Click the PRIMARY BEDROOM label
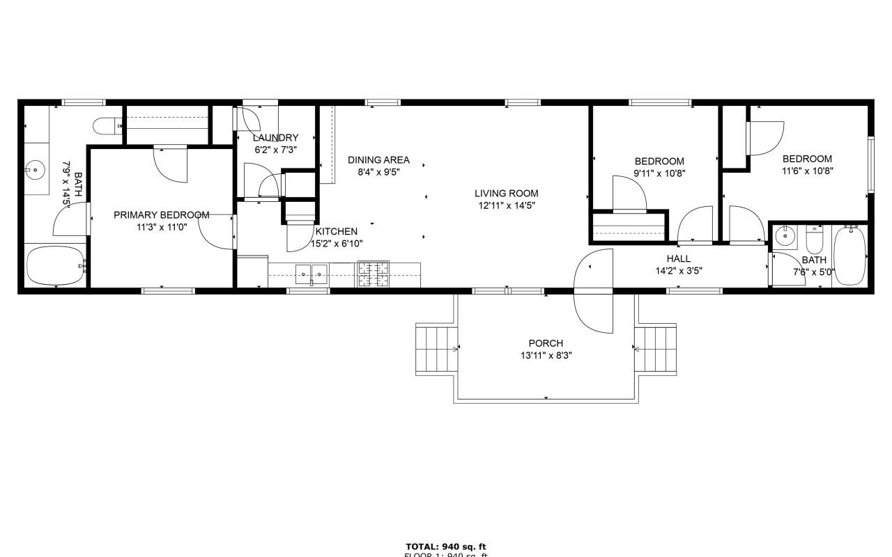point(161,215)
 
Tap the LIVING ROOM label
point(507,194)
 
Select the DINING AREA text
point(378,160)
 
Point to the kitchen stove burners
point(374,274)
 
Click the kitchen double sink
point(311,274)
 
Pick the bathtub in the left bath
point(55,265)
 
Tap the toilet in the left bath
point(107,126)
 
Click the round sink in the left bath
point(33,168)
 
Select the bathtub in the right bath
point(849,255)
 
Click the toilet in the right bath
point(814,240)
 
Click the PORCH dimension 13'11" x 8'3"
point(545,355)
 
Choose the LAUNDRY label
point(276,138)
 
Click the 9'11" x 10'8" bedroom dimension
point(659,173)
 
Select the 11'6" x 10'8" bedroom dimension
point(807,170)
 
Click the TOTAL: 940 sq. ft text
point(445,547)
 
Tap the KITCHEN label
point(337,232)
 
